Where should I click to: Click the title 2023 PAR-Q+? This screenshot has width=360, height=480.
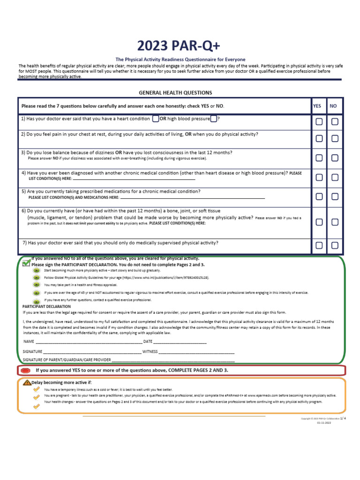178,45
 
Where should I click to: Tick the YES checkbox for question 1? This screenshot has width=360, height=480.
319,121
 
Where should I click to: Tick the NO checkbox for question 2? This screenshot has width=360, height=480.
335,138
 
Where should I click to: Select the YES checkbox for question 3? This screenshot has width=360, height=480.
319,158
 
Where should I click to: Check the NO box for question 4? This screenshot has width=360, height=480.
335,177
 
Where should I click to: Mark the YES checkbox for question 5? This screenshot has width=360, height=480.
319,196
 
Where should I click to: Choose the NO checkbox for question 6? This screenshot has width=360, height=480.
335,222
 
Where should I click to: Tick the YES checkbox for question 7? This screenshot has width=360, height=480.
319,245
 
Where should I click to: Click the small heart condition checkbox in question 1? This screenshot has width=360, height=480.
155,119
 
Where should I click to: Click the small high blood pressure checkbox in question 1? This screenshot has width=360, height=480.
213,119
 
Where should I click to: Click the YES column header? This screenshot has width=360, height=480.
317,106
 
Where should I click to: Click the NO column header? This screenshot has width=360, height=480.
333,106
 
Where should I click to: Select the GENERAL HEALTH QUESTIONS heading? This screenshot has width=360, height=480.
175,93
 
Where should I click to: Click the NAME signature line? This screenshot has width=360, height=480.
89,342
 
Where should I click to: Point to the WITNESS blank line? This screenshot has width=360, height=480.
196,352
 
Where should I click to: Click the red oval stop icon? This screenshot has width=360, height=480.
26,371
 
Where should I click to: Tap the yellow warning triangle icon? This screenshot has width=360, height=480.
27,382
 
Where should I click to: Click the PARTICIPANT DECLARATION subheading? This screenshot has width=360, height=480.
46,306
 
